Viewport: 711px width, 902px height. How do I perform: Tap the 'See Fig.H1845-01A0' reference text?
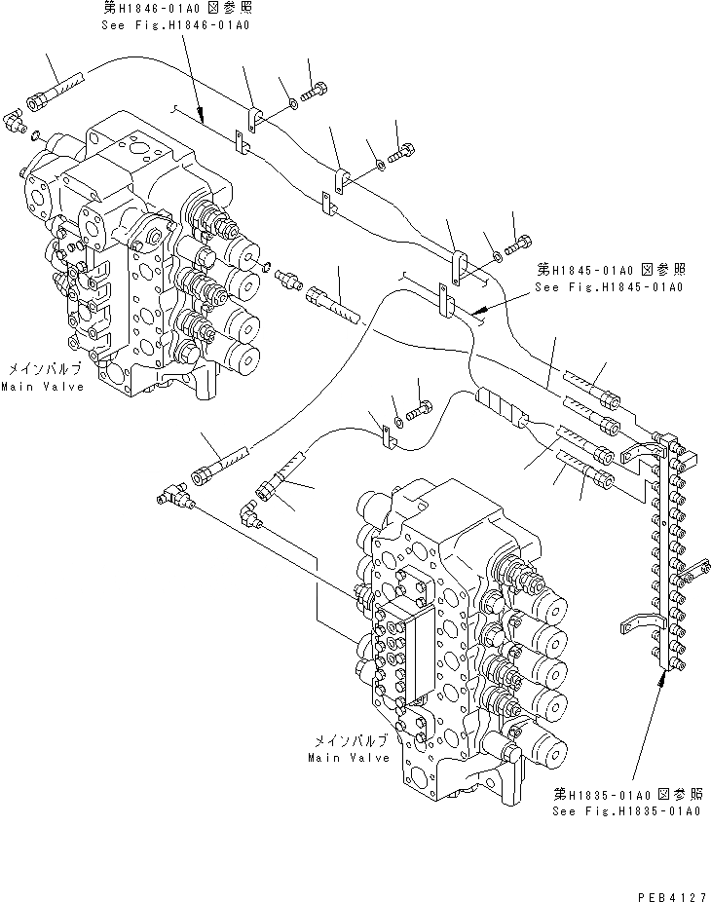point(608,287)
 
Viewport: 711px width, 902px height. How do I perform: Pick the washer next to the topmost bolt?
point(293,103)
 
